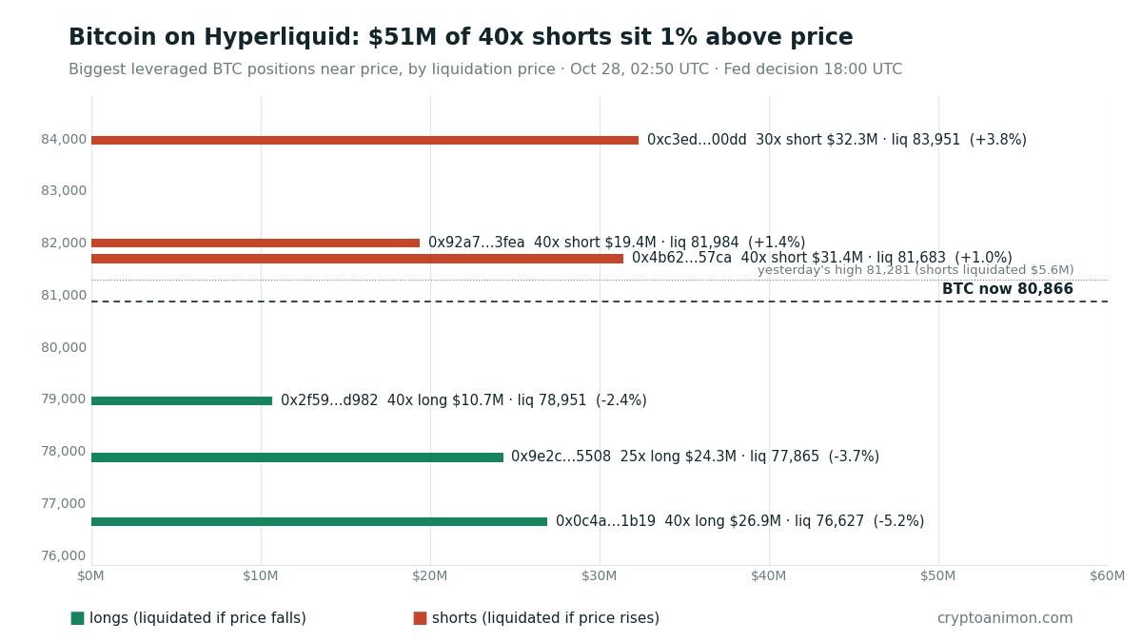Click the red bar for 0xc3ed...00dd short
(365, 140)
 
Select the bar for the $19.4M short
(255, 243)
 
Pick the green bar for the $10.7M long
(182, 401)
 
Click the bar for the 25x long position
(297, 457)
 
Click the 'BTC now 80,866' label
(1008, 289)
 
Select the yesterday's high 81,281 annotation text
(916, 270)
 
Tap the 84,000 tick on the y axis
(64, 139)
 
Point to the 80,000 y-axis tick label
(64, 347)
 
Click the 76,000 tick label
(64, 555)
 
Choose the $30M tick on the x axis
(599, 576)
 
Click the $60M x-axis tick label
(1107, 576)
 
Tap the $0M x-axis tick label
(90, 576)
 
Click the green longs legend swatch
(77, 618)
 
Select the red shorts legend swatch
(420, 618)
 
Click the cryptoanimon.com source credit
(1005, 618)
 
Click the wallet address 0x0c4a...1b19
(605, 521)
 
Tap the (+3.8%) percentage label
(997, 140)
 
